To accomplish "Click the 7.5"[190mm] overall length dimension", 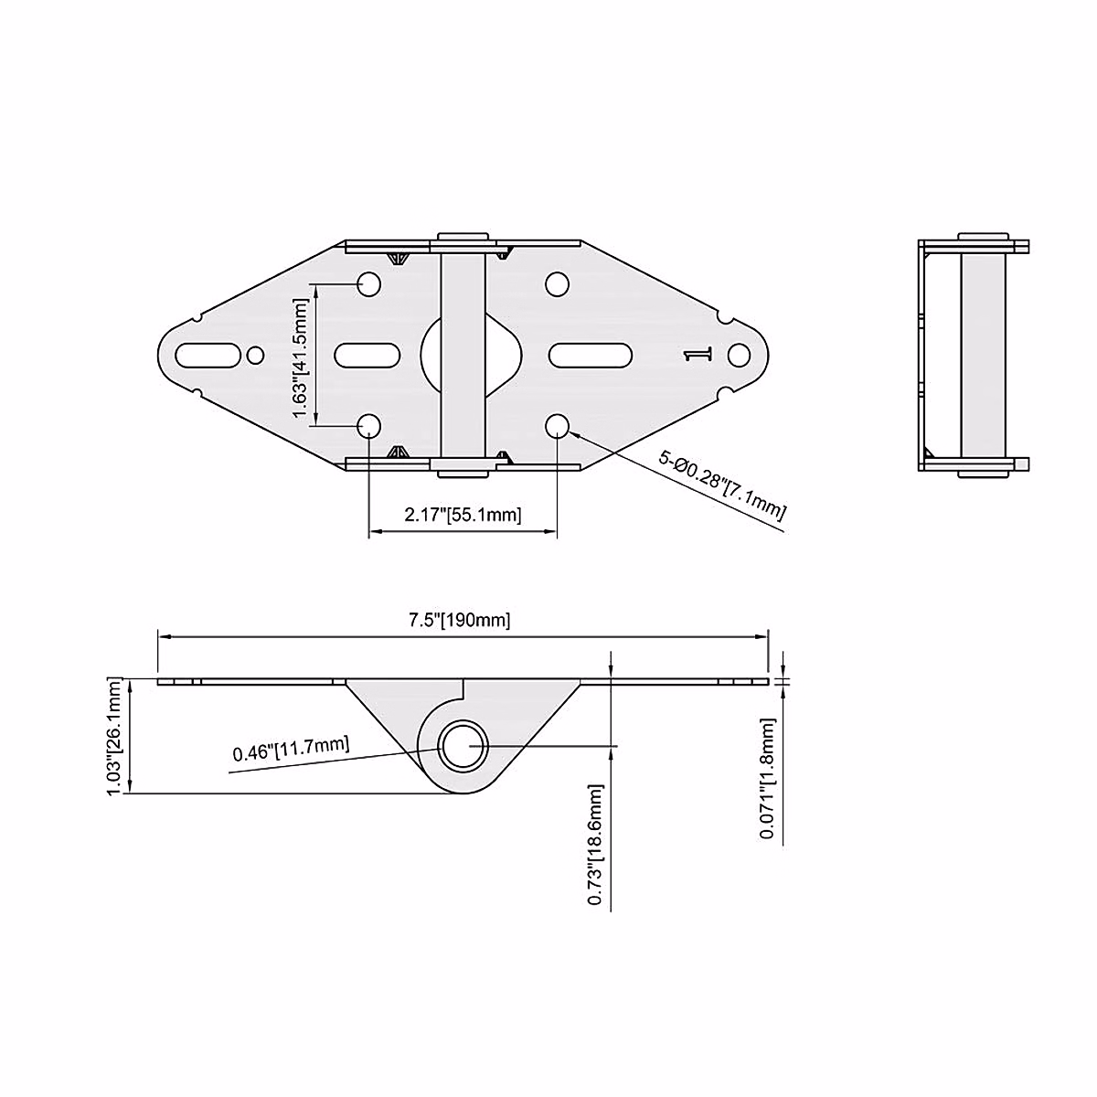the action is [460, 620].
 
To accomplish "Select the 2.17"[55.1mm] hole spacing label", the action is [463, 515].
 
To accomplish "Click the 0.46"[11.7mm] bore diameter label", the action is [291, 751].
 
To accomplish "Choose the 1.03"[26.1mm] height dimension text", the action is [115, 736].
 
